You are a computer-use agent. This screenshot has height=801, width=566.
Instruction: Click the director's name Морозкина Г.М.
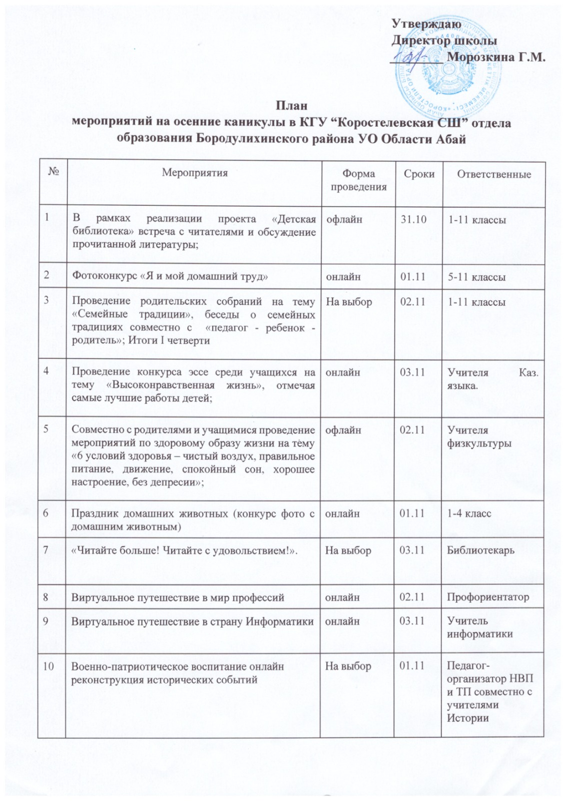coord(495,57)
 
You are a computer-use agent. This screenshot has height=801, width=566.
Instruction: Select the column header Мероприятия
coord(195,173)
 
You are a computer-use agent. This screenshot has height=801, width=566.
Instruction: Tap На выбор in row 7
coord(348,550)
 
